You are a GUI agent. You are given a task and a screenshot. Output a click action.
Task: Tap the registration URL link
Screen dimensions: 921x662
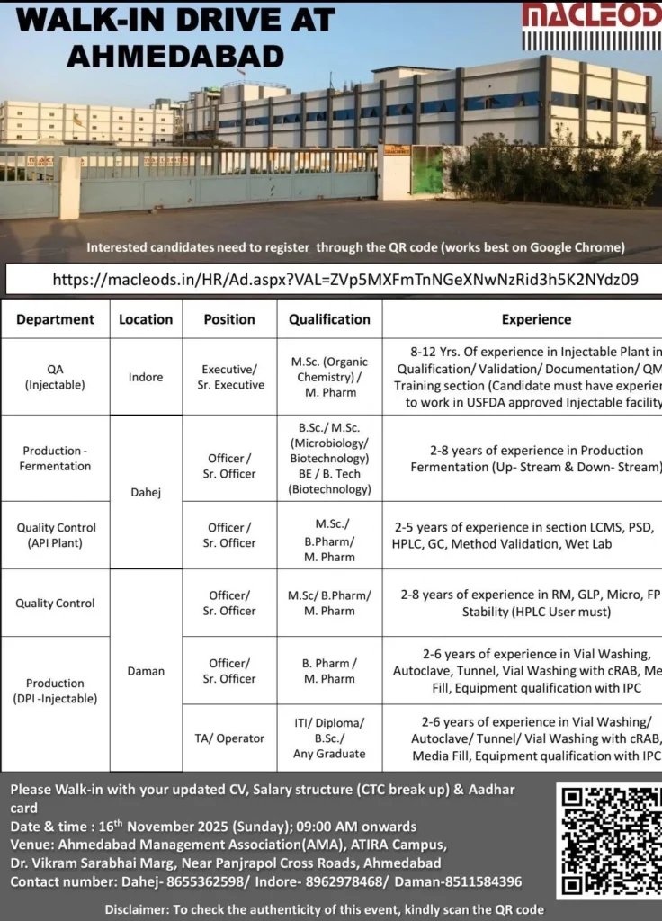click(345, 280)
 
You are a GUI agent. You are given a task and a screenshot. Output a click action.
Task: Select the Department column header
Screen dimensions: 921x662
click(55, 319)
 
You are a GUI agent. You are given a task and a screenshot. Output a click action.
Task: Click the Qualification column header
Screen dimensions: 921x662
click(329, 319)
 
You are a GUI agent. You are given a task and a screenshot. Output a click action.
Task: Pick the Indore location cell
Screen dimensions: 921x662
click(146, 377)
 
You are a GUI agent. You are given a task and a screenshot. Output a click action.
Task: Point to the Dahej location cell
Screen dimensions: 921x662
click(146, 493)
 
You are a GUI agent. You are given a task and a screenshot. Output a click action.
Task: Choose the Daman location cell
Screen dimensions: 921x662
click(146, 671)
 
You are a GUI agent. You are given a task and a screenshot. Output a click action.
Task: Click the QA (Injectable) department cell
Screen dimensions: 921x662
click(55, 377)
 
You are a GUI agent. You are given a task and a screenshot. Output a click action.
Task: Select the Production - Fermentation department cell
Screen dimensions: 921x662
click(55, 459)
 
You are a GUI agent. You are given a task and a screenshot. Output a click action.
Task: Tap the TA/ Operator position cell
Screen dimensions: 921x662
click(229, 738)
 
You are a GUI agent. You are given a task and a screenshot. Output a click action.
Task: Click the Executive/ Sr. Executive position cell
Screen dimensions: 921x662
click(230, 377)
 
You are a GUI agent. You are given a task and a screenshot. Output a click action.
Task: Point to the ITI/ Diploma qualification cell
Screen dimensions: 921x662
click(329, 738)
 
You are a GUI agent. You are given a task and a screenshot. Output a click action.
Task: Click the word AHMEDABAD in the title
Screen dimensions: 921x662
click(175, 56)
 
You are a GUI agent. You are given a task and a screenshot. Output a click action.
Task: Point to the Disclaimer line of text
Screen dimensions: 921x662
click(324, 909)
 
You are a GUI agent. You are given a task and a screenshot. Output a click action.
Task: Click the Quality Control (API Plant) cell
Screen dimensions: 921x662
click(55, 535)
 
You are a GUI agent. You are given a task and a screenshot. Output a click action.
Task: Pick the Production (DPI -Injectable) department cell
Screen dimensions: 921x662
click(55, 691)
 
